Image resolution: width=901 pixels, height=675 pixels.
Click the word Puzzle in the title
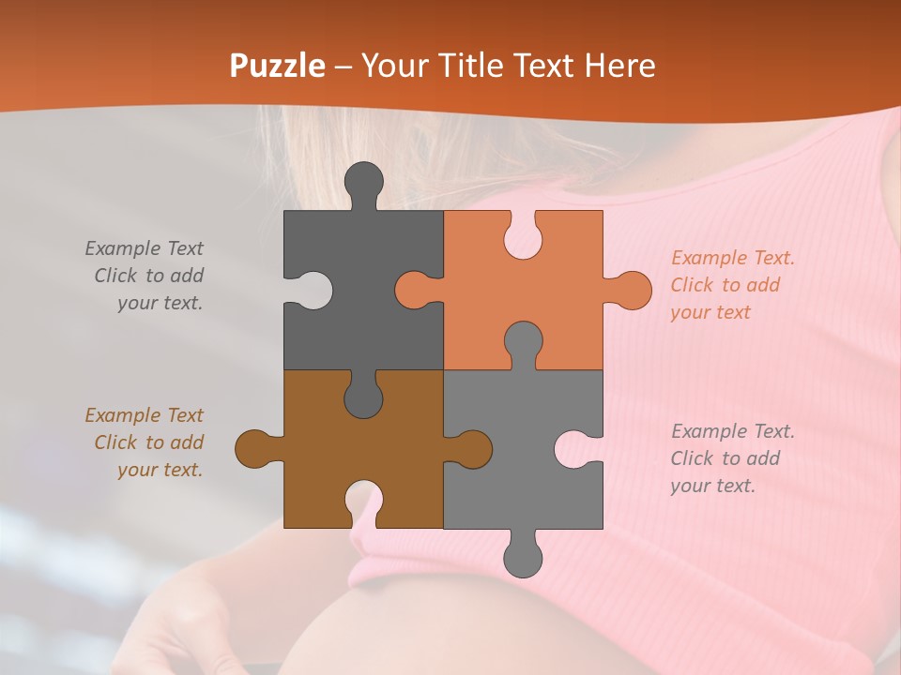pyautogui.click(x=278, y=66)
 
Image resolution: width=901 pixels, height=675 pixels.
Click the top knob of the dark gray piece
pyautogui.click(x=364, y=180)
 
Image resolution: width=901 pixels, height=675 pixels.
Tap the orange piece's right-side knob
pyautogui.click(x=631, y=290)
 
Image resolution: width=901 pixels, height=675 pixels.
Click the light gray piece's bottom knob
pyautogui.click(x=523, y=557)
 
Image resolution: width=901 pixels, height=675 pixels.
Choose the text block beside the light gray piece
pyautogui.click(x=731, y=458)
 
